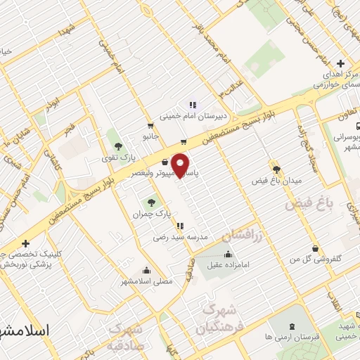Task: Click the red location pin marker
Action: (x=181, y=164)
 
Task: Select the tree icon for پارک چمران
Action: (x=152, y=203)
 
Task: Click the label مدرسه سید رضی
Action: (x=181, y=238)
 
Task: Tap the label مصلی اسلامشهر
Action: (x=148, y=281)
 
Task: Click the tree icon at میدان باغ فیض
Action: (x=276, y=169)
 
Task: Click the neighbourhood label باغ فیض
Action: (x=307, y=205)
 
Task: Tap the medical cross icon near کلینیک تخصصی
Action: (x=26, y=243)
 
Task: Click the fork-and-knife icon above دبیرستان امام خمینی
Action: (x=193, y=105)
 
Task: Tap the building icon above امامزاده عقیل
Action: (x=227, y=254)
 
